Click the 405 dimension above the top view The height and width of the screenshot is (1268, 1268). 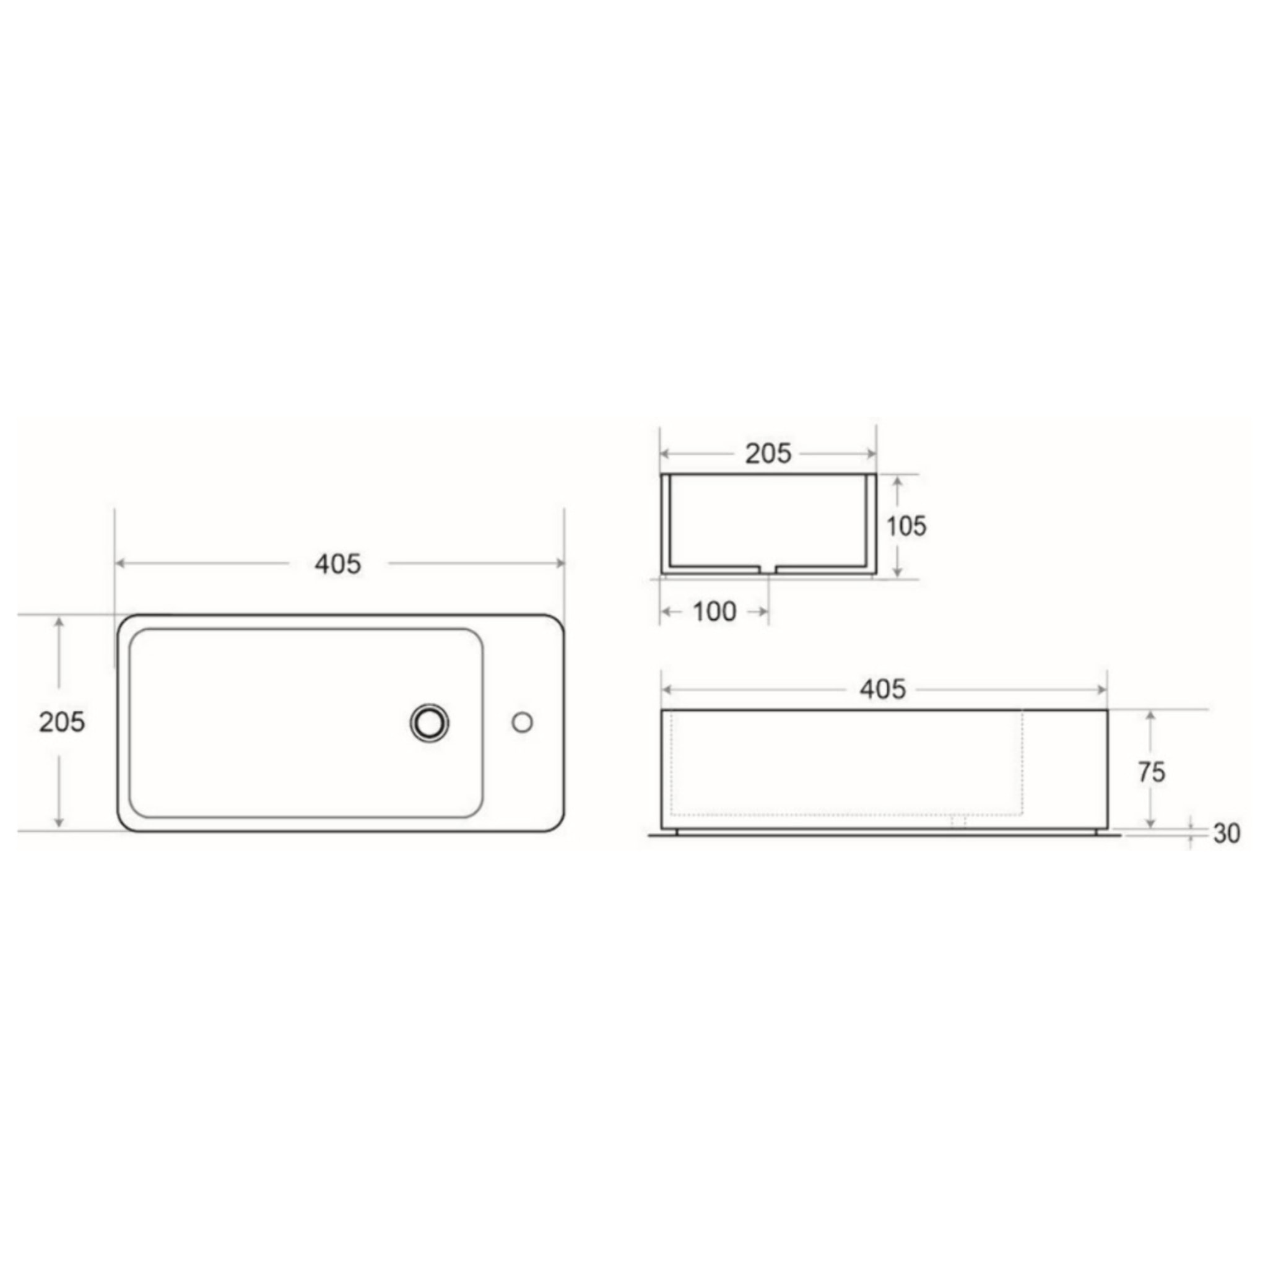point(337,564)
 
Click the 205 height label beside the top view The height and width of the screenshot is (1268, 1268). point(62,722)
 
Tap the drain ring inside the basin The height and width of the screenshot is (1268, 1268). point(429,723)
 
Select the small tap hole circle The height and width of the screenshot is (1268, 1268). point(522,723)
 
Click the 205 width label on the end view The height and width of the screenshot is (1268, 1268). point(768,453)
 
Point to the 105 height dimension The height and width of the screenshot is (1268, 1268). point(906,526)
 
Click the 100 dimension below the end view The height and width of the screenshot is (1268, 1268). point(714,612)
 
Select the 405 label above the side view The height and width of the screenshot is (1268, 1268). point(883,689)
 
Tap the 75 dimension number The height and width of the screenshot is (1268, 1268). point(1151,773)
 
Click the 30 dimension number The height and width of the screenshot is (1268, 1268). point(1226,833)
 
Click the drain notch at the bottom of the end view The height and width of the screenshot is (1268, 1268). point(768,569)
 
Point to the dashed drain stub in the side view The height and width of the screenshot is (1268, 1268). point(959,820)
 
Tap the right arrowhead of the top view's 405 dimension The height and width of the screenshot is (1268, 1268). point(559,563)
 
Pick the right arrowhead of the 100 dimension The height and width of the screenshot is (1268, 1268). point(763,612)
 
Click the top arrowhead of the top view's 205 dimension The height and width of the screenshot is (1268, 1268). point(59,622)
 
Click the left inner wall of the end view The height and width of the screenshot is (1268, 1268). point(669,522)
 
